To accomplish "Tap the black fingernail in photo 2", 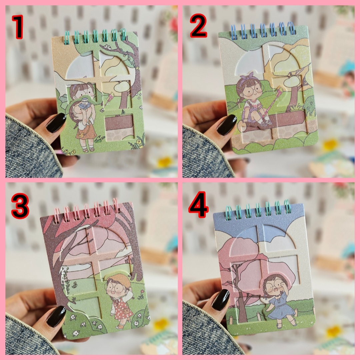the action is coord(227,124).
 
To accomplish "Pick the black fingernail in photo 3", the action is coord(56,316).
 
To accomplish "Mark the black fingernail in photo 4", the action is coord(221,300).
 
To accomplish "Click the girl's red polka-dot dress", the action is coord(123,308).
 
